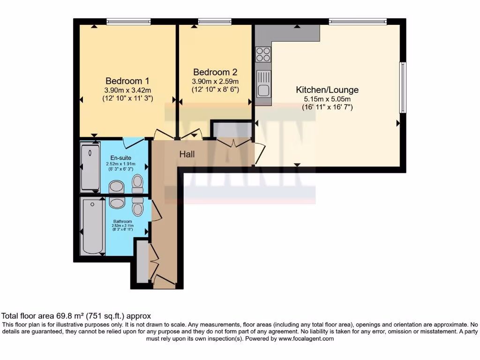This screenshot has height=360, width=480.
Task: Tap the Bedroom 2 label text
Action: [x=215, y=72]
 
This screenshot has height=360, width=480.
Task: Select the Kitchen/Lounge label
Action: [x=327, y=90]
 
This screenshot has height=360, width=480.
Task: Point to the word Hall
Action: [x=187, y=154]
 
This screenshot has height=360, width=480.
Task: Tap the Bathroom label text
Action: [x=121, y=221]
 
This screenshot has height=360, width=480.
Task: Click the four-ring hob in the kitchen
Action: [x=263, y=54]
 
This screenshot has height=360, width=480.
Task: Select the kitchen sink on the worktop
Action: [x=264, y=83]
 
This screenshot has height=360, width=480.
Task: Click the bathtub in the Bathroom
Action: [x=92, y=226]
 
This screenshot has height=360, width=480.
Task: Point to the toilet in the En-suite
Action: [x=137, y=183]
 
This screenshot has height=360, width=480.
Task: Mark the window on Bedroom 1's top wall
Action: [x=128, y=21]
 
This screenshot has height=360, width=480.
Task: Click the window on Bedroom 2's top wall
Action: [x=215, y=21]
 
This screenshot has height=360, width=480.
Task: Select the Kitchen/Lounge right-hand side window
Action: [x=402, y=87]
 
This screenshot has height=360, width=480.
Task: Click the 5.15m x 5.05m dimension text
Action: [x=327, y=99]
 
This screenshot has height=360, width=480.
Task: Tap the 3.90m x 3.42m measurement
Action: [x=127, y=90]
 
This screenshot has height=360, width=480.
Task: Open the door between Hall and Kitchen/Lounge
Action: [x=259, y=154]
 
